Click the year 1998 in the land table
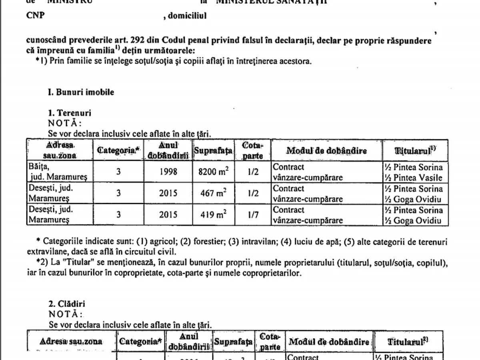click(168, 172)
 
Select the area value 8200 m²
click(213, 172)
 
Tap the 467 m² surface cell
click(213, 194)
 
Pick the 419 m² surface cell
click(213, 215)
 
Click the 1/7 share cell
click(253, 215)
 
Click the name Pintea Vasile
click(418, 178)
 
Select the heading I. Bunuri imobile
click(81, 92)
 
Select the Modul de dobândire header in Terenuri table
click(326, 150)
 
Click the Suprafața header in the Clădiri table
click(233, 342)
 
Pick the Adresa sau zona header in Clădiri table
click(71, 342)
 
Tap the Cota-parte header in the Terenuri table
click(253, 150)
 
